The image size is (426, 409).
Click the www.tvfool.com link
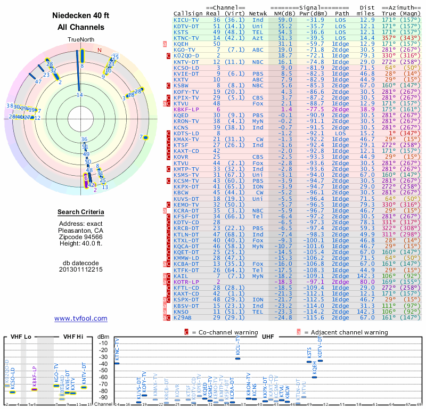[81, 318]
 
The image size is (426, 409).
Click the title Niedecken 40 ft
[80, 15]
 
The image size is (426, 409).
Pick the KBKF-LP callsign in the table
[187, 109]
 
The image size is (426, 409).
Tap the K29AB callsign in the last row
[185, 317]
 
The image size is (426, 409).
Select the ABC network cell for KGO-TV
[258, 50]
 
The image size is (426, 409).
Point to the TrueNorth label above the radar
[81, 40]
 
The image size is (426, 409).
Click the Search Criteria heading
[81, 212]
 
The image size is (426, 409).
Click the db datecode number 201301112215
[81, 269]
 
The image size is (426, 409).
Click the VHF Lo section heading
[21, 337]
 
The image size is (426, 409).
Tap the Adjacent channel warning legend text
[346, 332]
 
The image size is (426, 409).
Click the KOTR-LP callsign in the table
[187, 282]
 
